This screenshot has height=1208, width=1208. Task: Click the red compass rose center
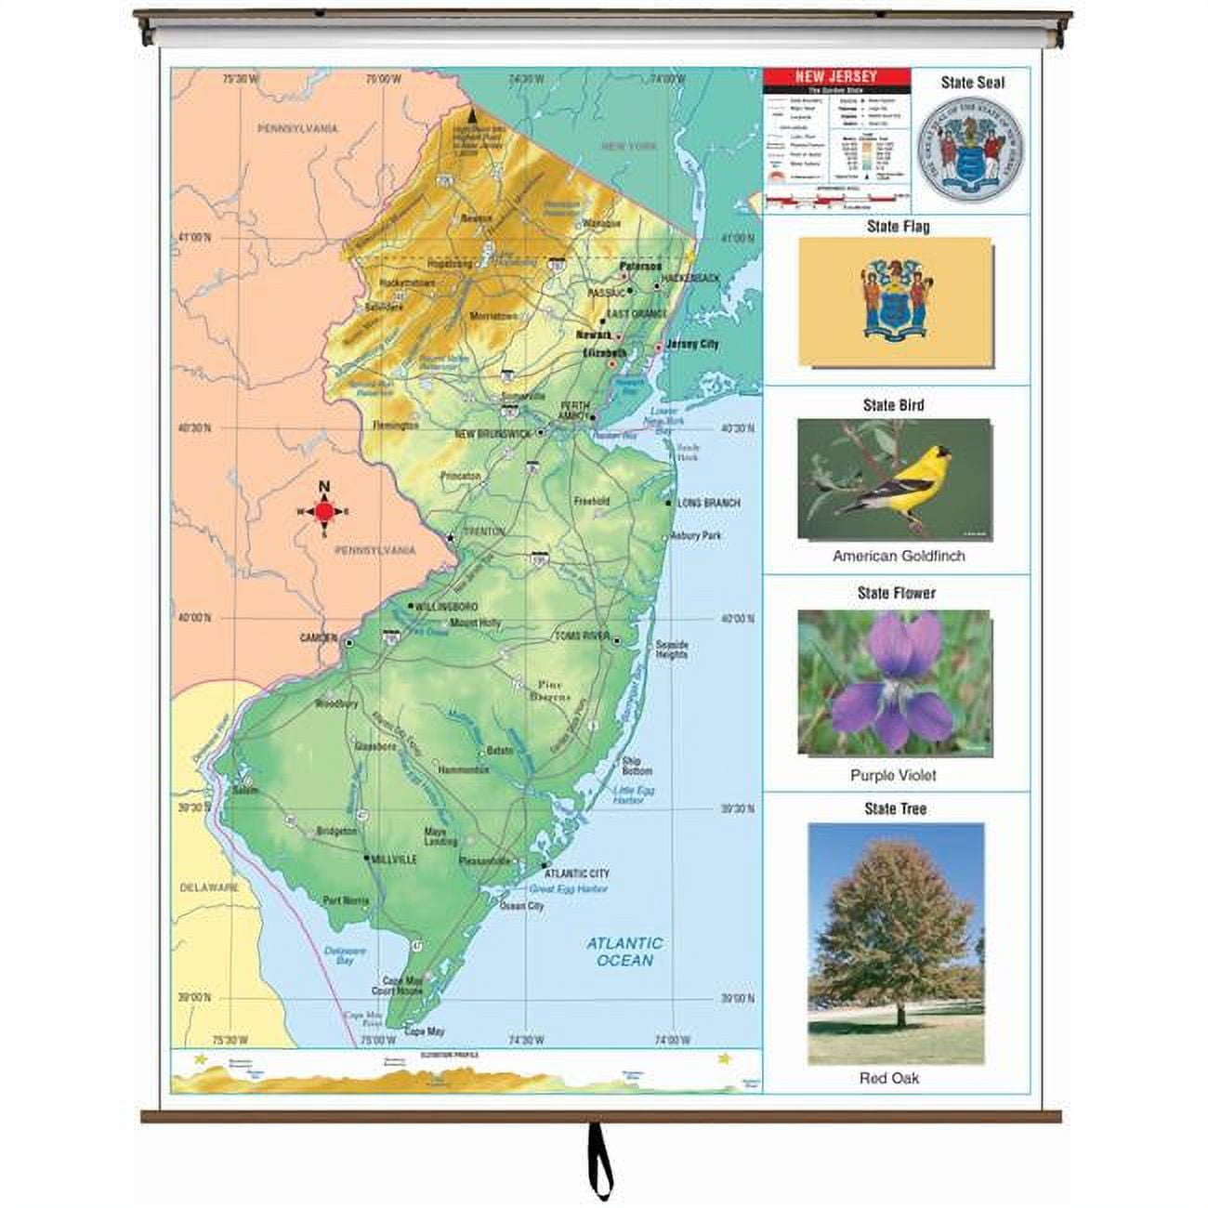324,511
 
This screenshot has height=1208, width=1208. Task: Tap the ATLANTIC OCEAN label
624,952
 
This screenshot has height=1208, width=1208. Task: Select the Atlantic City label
578,873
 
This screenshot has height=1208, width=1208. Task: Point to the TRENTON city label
483,532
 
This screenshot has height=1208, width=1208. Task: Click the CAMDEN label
318,638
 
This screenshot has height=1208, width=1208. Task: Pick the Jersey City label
692,344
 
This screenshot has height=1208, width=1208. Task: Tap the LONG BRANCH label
708,503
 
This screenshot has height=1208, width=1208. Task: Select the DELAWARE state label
209,887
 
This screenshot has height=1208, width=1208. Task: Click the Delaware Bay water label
345,956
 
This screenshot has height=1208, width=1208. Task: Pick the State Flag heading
897,226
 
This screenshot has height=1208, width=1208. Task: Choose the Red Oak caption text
889,1078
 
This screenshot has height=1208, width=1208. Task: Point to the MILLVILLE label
394,860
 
